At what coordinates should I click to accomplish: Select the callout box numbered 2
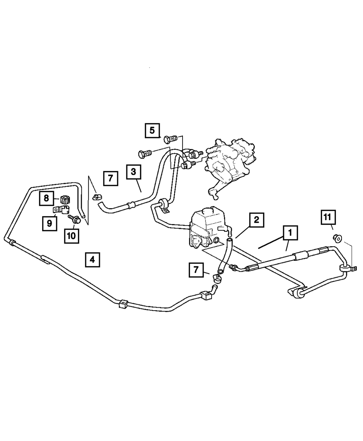coord(256,220)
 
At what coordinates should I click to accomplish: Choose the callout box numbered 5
coord(152,130)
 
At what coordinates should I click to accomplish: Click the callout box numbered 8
coord(46,198)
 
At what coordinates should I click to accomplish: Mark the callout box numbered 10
coord(72,235)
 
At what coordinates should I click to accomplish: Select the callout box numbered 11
coord(327,218)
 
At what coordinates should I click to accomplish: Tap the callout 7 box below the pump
coord(196,270)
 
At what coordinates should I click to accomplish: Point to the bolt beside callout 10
coord(74,219)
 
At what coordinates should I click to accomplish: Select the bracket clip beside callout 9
coord(62,210)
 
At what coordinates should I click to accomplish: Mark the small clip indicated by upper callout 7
coord(97,197)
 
